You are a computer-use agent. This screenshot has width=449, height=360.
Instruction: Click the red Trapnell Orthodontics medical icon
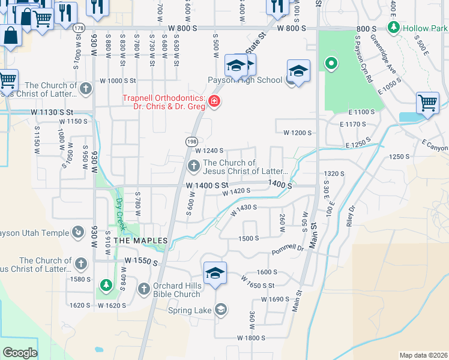(214, 103)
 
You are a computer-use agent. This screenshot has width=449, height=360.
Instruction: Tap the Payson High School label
(245, 80)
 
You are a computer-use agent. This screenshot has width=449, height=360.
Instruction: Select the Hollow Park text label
(426, 28)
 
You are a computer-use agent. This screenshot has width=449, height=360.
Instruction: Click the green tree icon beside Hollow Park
(393, 27)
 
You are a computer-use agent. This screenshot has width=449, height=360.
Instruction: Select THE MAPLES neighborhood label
(140, 241)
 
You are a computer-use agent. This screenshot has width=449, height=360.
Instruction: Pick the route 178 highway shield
(78, 28)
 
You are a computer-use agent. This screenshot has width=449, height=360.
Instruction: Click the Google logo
(20, 353)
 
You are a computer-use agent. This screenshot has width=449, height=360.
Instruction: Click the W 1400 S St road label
(207, 186)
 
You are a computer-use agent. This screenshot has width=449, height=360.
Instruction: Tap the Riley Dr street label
(351, 214)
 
